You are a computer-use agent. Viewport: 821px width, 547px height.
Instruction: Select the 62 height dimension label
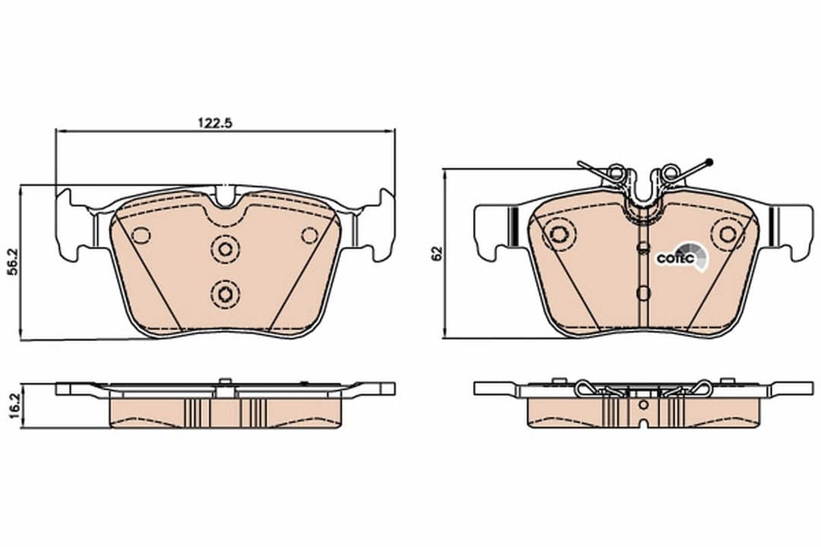pos(436,254)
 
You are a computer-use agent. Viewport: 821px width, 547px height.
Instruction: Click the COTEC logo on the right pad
pos(675,258)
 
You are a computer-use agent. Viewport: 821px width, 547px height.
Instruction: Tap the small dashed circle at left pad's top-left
pos(141,235)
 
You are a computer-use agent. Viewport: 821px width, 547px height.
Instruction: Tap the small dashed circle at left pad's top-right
pos(309,235)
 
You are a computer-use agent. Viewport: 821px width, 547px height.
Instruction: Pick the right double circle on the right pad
pos(725,234)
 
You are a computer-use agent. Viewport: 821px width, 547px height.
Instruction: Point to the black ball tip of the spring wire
pos(708,161)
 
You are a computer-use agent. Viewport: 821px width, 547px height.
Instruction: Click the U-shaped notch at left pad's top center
pos(225,196)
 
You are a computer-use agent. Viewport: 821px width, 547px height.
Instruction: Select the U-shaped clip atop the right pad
pos(643,190)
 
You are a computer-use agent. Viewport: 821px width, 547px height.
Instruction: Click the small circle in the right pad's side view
pos(643,405)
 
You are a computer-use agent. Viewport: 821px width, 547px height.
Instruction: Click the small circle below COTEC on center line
pos(643,292)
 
